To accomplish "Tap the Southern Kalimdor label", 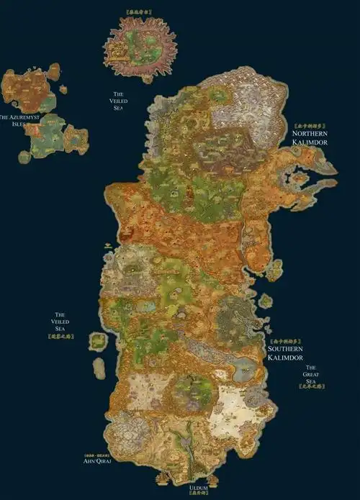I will (x=284, y=352).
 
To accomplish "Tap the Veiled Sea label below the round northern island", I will (x=119, y=100).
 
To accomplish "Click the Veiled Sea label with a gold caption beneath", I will (x=61, y=322).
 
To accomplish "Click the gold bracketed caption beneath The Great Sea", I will (x=311, y=387).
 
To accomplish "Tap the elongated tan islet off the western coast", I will (x=99, y=368).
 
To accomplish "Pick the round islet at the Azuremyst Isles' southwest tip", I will (x=24, y=156).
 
